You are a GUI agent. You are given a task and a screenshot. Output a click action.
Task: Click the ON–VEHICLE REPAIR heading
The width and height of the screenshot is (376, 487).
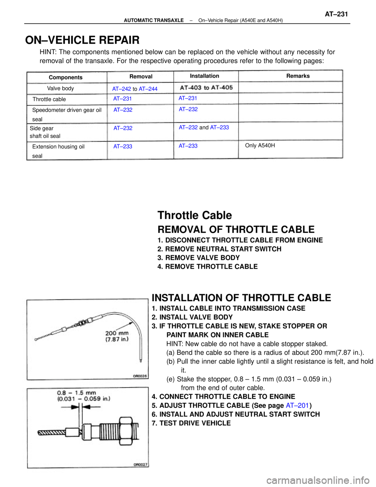(x=82, y=40)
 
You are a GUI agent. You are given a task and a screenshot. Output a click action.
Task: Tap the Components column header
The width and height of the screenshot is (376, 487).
(x=65, y=77)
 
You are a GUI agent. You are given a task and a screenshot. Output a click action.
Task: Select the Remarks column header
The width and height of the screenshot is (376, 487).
(x=298, y=76)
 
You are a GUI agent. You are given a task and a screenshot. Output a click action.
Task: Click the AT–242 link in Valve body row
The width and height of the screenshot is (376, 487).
(x=121, y=89)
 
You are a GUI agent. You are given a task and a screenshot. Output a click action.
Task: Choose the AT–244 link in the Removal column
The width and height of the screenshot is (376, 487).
(x=148, y=89)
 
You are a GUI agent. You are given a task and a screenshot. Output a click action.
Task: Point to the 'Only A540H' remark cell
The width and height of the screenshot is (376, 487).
(x=260, y=145)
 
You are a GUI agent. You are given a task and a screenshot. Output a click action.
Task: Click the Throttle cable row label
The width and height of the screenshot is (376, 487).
(x=49, y=99)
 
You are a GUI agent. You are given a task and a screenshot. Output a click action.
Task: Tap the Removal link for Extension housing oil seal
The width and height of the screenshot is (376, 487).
(x=123, y=146)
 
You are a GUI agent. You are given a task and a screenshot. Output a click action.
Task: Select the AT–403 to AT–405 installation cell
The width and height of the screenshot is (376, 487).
(x=206, y=87)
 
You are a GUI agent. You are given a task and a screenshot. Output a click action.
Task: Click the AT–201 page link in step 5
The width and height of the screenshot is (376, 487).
(x=297, y=405)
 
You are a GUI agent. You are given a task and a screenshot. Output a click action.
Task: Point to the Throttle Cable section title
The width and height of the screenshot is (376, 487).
(x=194, y=215)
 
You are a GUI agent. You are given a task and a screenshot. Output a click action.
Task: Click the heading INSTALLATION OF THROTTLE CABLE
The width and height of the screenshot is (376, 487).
(x=241, y=298)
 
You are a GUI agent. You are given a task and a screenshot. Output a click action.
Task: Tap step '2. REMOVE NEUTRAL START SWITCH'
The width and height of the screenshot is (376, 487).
(x=219, y=249)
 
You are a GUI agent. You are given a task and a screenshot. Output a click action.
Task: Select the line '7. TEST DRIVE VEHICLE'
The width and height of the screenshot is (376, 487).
(x=191, y=423)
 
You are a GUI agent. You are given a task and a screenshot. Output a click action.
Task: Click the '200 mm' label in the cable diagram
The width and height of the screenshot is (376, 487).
(x=117, y=334)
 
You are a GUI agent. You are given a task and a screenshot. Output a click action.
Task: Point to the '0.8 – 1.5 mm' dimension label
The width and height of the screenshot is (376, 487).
(x=76, y=393)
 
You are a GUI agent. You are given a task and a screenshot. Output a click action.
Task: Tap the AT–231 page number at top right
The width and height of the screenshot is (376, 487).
(x=336, y=14)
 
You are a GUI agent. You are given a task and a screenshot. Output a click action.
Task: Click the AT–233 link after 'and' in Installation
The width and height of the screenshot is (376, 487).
(x=219, y=127)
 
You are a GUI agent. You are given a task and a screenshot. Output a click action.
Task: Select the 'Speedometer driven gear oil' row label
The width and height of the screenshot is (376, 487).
(x=67, y=110)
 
